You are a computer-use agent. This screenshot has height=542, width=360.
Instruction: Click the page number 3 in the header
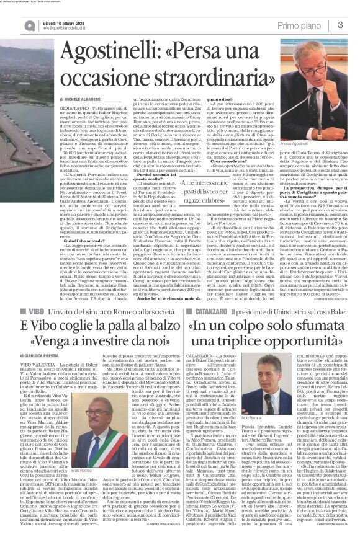pos(341,25)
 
